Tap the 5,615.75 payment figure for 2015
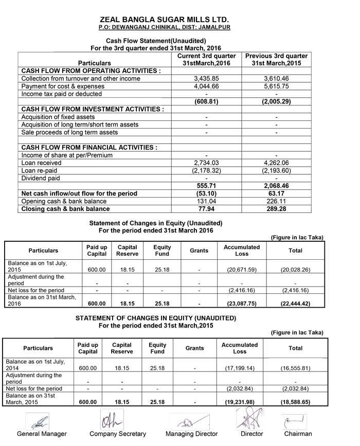click(276, 86)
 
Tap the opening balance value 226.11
click(276, 201)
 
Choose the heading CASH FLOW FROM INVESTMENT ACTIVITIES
click(93, 109)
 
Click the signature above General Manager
click(40, 422)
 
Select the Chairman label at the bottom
click(298, 434)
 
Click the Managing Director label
click(191, 434)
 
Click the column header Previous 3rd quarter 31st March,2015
click(276, 59)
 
